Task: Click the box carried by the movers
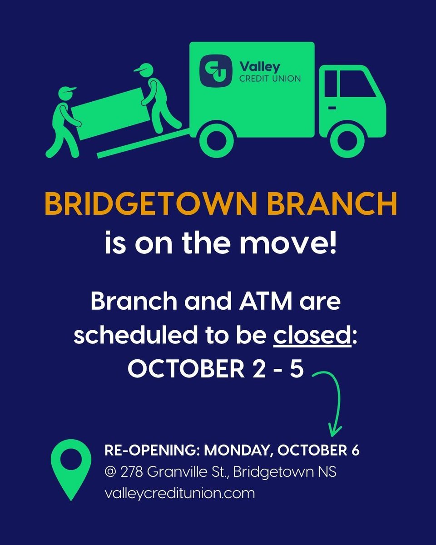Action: point(109,114)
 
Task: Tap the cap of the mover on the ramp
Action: point(141,69)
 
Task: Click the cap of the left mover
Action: point(66,91)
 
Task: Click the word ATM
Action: point(265,302)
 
